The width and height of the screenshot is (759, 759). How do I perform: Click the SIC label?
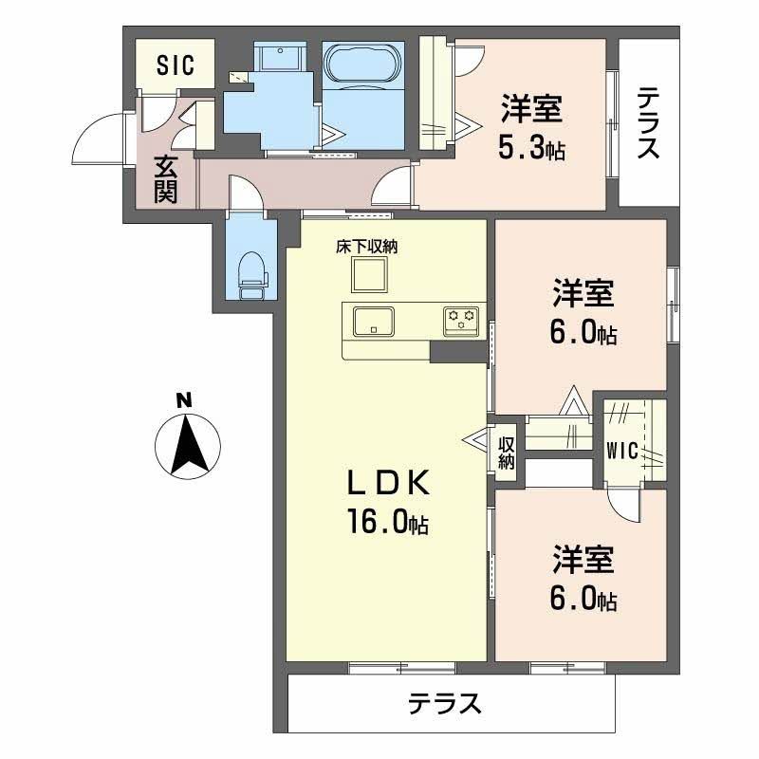pos(175,65)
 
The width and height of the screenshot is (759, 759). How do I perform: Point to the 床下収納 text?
pos(366,247)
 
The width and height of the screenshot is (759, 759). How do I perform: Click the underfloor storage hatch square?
pos(369,276)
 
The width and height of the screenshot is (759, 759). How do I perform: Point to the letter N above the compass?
pos(187,398)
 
